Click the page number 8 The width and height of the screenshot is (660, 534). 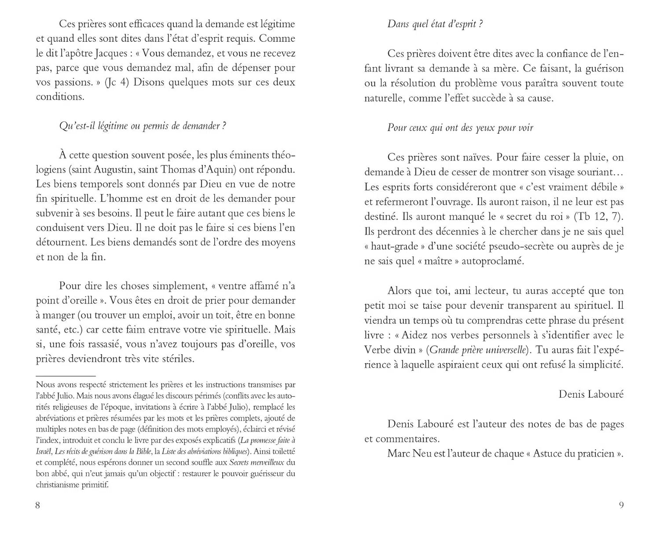[37, 505]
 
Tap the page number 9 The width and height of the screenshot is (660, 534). [621, 505]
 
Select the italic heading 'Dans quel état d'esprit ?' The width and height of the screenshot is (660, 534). [435, 24]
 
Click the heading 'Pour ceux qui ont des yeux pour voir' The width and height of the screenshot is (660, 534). [460, 128]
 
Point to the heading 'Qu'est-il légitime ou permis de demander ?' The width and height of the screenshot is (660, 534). [143, 126]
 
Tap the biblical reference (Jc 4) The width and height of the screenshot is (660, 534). [117, 83]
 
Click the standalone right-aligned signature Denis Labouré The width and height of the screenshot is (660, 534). [591, 394]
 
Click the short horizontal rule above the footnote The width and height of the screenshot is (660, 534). [66, 376]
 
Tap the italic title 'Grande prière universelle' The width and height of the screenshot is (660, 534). [478, 350]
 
